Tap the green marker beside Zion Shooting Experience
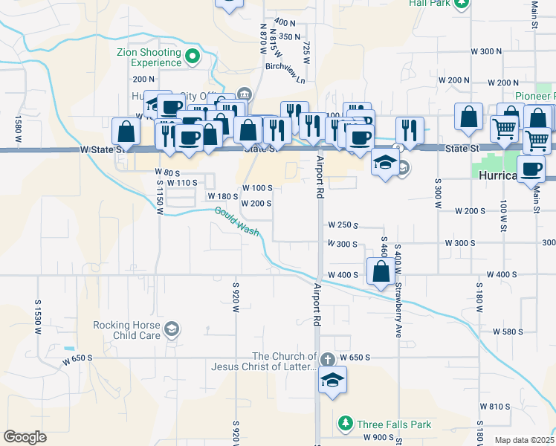click(193, 56)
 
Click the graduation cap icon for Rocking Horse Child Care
click(172, 329)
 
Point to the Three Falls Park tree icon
click(345, 424)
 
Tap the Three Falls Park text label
click(394, 425)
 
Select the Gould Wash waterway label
click(237, 221)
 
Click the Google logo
click(25, 437)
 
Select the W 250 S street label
click(343, 225)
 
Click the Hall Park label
click(428, 3)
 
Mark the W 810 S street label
click(495, 407)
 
